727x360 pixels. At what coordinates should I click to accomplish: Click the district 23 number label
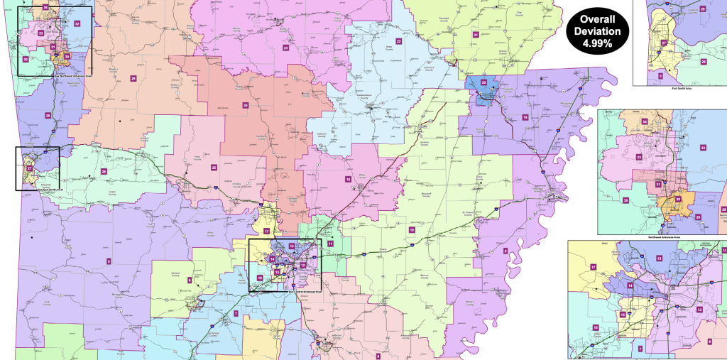click(x=285, y=48)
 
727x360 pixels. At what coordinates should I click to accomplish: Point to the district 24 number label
click(x=246, y=105)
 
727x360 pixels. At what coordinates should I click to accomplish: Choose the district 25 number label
click(x=214, y=168)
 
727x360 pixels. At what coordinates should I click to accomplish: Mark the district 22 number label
click(x=399, y=42)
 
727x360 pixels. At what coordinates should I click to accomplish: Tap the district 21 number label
click(x=476, y=34)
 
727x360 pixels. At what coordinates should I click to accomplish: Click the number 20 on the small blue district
click(x=483, y=82)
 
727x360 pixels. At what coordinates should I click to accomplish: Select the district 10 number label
click(x=411, y=229)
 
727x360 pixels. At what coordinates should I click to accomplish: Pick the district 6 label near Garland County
click(x=190, y=280)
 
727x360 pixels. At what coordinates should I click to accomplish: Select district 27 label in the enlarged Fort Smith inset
click(x=664, y=43)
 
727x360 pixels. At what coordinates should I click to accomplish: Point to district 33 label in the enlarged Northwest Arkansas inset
click(x=619, y=157)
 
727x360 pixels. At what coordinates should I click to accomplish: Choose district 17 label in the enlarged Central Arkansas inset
click(x=592, y=266)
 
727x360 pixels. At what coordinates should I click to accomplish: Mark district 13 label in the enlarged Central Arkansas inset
click(x=660, y=258)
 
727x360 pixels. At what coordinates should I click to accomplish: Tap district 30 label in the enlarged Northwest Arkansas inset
click(x=678, y=199)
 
